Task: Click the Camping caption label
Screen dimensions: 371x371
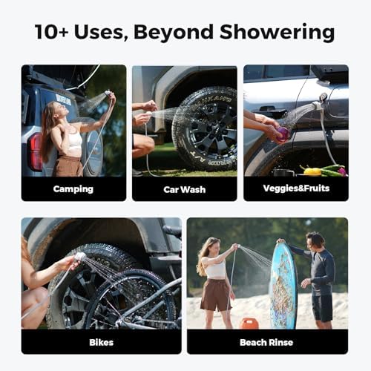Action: (73, 188)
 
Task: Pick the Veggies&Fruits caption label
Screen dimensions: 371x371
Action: (295, 188)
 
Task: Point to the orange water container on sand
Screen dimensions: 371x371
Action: (251, 324)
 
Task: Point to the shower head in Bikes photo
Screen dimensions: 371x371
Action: (80, 257)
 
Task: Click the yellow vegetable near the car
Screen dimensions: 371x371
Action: (313, 171)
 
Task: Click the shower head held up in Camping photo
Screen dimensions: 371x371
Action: (108, 94)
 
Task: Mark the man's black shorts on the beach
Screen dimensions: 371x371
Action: (323, 305)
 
